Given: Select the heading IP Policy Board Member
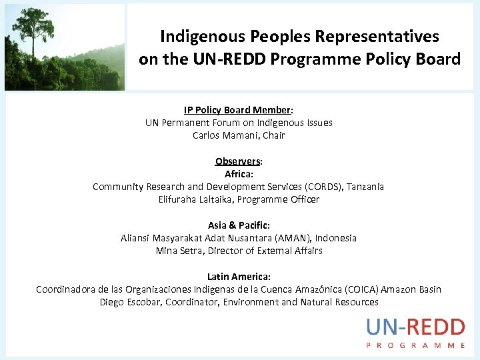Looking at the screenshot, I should pos(238,110).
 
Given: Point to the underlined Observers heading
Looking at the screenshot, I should pos(237,161).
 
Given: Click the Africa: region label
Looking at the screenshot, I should pos(239,174).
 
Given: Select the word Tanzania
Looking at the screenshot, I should pos(365,187).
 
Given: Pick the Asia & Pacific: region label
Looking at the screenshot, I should pos(239,225).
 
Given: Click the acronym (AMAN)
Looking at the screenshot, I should pos(292,238).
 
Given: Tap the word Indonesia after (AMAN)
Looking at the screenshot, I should pos(336,238).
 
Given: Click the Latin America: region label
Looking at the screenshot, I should pos(239,277).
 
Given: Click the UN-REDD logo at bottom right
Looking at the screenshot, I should pos(415,328).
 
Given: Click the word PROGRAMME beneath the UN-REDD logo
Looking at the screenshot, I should pos(415,345).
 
